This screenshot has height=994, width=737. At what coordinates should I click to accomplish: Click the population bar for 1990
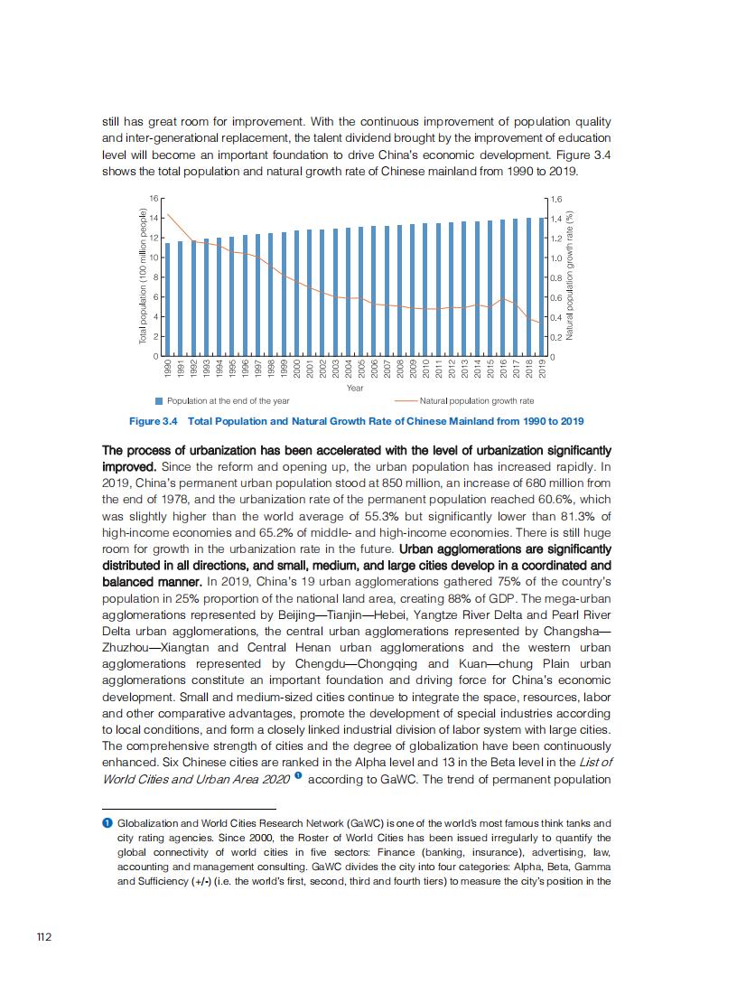point(168,298)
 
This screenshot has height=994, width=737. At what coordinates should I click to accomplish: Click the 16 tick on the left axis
point(154,198)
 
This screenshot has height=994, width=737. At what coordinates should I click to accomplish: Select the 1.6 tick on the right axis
point(555,198)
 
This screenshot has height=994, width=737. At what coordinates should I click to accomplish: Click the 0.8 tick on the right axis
point(555,277)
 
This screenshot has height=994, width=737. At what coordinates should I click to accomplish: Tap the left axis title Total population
point(143,277)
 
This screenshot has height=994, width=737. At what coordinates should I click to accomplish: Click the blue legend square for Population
point(159,400)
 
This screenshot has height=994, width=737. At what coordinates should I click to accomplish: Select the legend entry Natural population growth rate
point(476,400)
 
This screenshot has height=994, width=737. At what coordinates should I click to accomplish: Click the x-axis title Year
point(355,388)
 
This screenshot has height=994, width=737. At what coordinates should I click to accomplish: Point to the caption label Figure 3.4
point(154,421)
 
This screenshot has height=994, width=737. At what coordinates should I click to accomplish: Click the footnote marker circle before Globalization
point(107,823)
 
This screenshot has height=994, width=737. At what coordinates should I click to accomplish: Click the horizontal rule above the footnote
point(189,809)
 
